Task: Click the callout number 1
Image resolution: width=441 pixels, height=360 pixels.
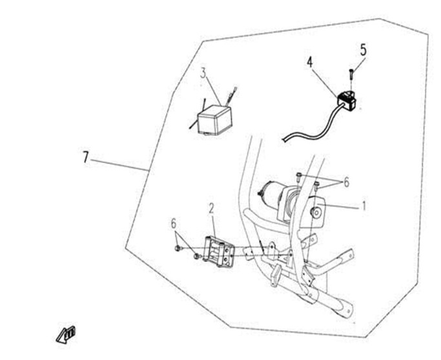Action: click(364, 206)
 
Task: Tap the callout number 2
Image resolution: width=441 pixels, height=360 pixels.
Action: click(212, 209)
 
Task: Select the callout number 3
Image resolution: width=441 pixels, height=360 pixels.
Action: click(203, 73)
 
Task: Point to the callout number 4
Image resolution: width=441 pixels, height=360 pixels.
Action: click(310, 62)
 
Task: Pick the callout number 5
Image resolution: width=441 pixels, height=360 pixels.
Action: click(364, 50)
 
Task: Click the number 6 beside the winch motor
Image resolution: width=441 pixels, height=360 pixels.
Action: click(346, 183)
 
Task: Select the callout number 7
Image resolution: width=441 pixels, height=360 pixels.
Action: click(86, 157)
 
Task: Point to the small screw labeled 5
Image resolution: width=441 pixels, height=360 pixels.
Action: click(351, 74)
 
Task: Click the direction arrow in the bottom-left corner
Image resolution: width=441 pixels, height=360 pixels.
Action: click(65, 334)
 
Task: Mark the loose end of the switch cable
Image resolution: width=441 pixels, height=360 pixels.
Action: click(284, 139)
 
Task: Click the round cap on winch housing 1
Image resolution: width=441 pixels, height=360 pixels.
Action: click(316, 213)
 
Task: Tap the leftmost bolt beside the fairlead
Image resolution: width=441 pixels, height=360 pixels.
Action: click(178, 248)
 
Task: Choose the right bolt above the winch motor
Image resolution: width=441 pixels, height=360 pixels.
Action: click(316, 185)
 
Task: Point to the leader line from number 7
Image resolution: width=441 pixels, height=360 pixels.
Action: click(120, 165)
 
